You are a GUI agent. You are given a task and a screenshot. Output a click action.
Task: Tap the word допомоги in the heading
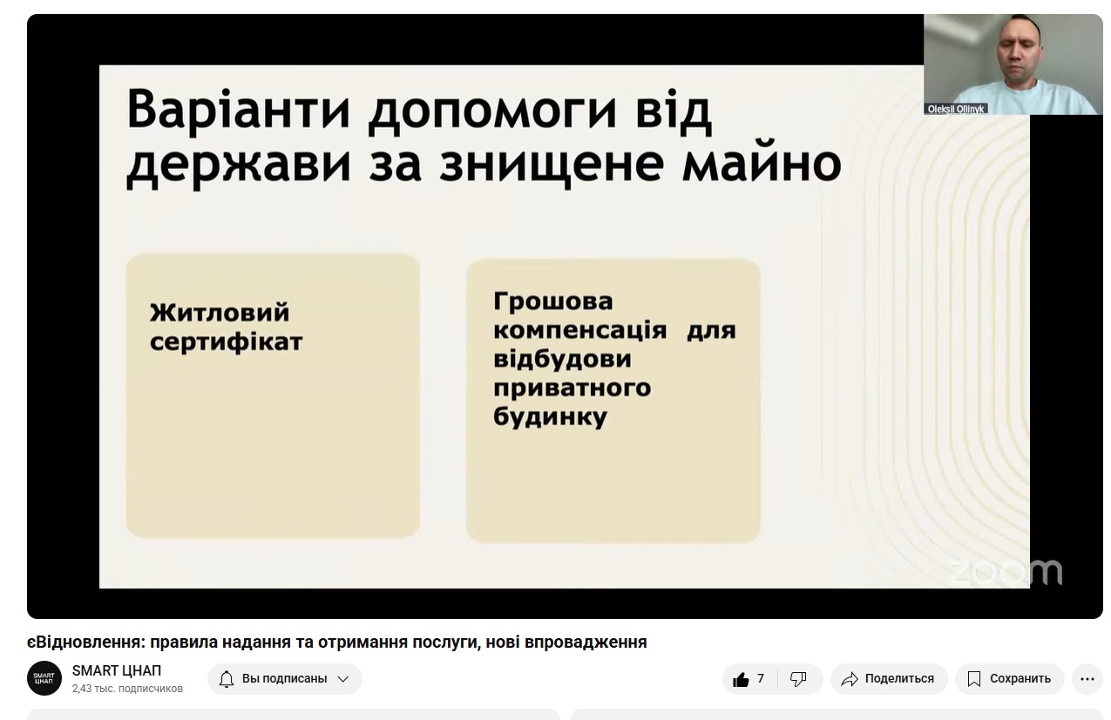491,114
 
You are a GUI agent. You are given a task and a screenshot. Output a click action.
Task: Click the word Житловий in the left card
220,313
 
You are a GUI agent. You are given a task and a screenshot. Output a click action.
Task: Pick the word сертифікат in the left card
227,342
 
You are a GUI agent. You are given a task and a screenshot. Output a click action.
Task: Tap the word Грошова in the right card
553,301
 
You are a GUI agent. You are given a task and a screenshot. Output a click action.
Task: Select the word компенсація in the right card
579,331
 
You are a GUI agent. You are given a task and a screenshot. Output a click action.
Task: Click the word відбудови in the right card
562,359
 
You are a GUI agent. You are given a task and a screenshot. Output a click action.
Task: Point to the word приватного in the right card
572,387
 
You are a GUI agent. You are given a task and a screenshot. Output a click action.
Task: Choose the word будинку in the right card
550,416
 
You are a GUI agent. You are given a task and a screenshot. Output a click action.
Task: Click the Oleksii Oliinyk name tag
956,109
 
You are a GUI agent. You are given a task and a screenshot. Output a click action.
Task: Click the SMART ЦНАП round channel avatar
44,678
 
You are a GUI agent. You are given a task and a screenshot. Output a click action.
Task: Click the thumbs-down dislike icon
798,678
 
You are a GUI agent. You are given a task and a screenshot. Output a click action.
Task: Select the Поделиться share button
889,678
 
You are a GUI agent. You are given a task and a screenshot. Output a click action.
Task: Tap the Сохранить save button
1009,678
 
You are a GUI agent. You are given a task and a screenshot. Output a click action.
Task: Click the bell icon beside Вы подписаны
227,678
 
